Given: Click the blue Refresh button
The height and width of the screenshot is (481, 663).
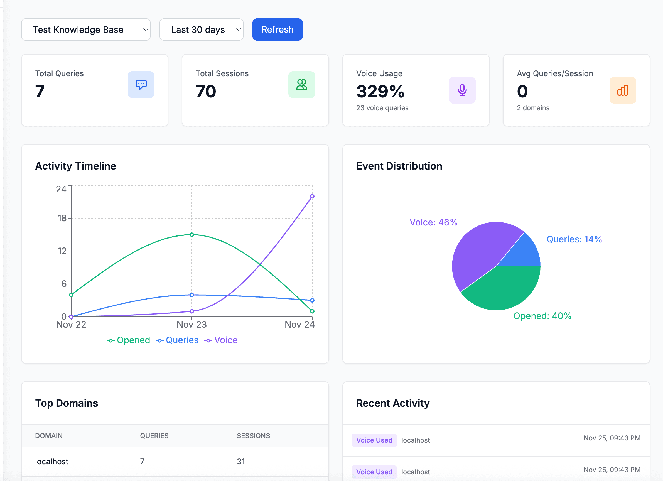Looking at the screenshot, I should [x=277, y=30].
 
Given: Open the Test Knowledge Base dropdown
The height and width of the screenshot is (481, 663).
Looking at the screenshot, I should [x=86, y=30].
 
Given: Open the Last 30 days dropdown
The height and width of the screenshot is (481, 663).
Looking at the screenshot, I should [x=201, y=30].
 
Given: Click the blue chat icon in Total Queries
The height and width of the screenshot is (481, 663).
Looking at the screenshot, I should [x=141, y=85].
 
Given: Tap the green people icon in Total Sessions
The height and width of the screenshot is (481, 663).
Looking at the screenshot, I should [x=301, y=85].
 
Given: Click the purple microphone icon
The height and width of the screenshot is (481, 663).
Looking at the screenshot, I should [x=462, y=90].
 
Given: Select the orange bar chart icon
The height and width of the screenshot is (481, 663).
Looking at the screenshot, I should [x=622, y=90].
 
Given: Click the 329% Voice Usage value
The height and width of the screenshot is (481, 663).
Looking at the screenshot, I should [x=380, y=91].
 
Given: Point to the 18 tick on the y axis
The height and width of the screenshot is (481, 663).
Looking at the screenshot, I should [x=62, y=218].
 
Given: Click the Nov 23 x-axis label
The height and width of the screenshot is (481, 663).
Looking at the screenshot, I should [x=191, y=324].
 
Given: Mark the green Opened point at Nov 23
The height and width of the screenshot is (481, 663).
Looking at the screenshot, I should [x=192, y=234].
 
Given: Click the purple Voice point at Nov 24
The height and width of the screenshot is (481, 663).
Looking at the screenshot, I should [x=312, y=196].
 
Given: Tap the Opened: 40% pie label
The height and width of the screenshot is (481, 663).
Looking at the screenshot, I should [x=542, y=316].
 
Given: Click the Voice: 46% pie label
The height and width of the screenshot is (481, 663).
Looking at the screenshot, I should [x=433, y=222].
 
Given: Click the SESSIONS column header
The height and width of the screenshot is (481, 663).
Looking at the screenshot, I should [x=253, y=436].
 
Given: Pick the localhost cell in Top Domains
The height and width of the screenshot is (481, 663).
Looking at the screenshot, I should [x=51, y=462].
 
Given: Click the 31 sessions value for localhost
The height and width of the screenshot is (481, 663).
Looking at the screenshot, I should [x=240, y=462].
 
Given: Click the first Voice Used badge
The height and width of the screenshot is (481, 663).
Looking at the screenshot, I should [x=374, y=440].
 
